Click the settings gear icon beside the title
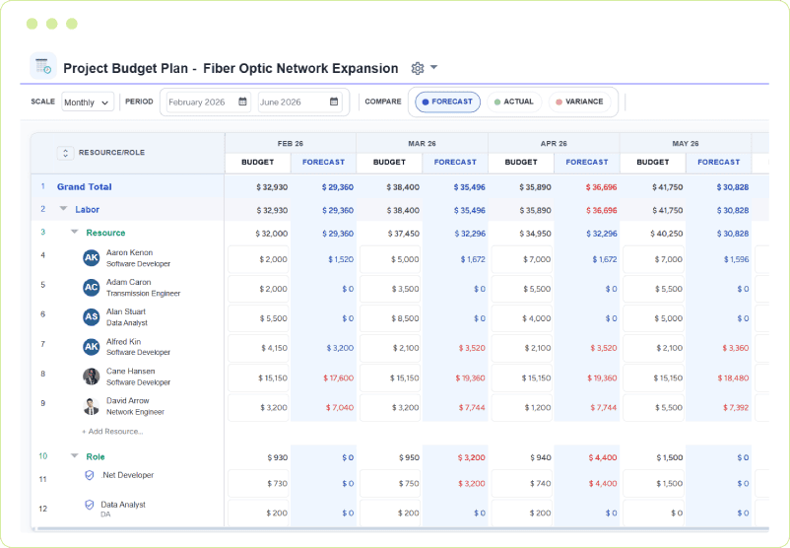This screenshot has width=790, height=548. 418,68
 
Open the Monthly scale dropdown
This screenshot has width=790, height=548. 88,102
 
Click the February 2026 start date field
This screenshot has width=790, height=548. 207,102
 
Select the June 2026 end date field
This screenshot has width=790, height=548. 298,102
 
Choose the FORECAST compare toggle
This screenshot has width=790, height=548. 447,102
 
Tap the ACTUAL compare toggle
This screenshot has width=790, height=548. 513,102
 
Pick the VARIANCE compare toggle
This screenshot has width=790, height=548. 578,102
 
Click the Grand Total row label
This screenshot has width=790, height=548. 84,186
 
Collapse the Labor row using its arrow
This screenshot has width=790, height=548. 63,209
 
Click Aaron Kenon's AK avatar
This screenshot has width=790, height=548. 92,257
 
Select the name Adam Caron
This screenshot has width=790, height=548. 129,282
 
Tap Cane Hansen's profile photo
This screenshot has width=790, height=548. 92,376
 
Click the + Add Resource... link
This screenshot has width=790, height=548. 112,431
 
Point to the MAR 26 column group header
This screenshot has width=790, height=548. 422,143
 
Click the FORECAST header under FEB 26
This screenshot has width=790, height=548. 323,162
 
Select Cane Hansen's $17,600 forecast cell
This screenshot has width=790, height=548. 323,377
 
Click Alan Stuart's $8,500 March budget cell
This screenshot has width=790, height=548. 389,318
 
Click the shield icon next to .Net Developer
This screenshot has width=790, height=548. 89,475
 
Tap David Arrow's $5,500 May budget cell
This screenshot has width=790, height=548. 653,407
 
